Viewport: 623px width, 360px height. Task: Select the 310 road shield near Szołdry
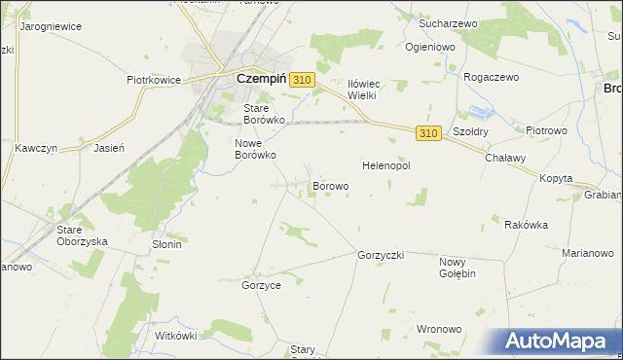pyautogui.click(x=428, y=132)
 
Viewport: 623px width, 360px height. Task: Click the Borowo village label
pyautogui.click(x=330, y=185)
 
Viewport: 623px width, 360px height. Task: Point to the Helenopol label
pyautogui.click(x=386, y=166)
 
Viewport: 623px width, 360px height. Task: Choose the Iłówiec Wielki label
pyautogui.click(x=369, y=90)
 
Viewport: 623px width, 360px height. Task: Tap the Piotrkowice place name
pyautogui.click(x=155, y=81)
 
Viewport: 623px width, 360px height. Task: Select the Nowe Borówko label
pyautogui.click(x=256, y=148)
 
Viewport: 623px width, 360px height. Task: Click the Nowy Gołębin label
pyautogui.click(x=457, y=268)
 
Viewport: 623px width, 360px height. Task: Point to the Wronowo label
pyautogui.click(x=439, y=329)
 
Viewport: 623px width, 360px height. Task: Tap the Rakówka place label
pyautogui.click(x=526, y=225)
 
